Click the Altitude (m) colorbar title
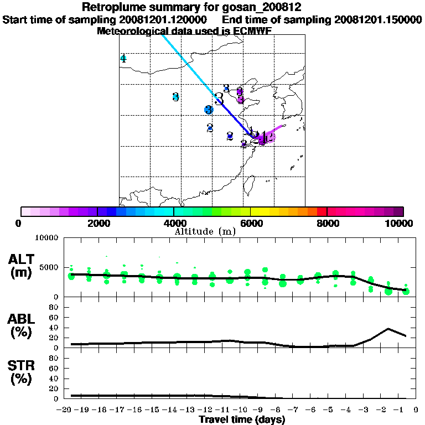pos(205,231)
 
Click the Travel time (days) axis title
pos(242,420)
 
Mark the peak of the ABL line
pos(388,329)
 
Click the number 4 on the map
pos(123,59)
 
